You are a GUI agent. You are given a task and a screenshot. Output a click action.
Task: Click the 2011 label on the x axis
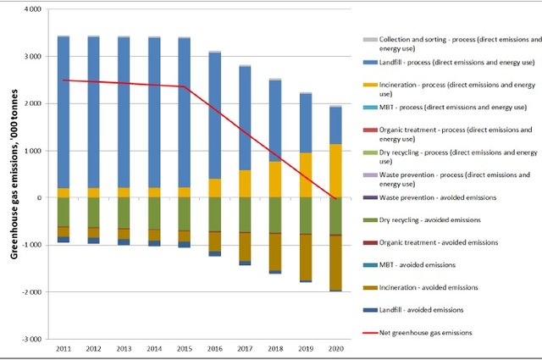pyautogui.click(x=64, y=348)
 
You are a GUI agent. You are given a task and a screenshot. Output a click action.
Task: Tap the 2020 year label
pyautogui.click(x=336, y=348)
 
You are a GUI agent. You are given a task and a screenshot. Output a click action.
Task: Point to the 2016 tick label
pyautogui.click(x=215, y=348)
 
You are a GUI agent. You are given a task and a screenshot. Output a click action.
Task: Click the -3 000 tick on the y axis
pyautogui.click(x=32, y=339)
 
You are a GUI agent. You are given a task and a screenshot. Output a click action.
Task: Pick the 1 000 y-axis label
pyautogui.click(x=34, y=151)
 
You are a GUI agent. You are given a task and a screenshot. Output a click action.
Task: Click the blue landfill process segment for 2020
pyautogui.click(x=336, y=125)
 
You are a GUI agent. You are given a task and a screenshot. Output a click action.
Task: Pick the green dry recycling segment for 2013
pyautogui.click(x=124, y=213)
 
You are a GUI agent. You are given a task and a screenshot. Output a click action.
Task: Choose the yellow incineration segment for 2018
pyautogui.click(x=275, y=179)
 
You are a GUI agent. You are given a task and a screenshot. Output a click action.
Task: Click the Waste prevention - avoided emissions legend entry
pyautogui.click(x=440, y=198)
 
